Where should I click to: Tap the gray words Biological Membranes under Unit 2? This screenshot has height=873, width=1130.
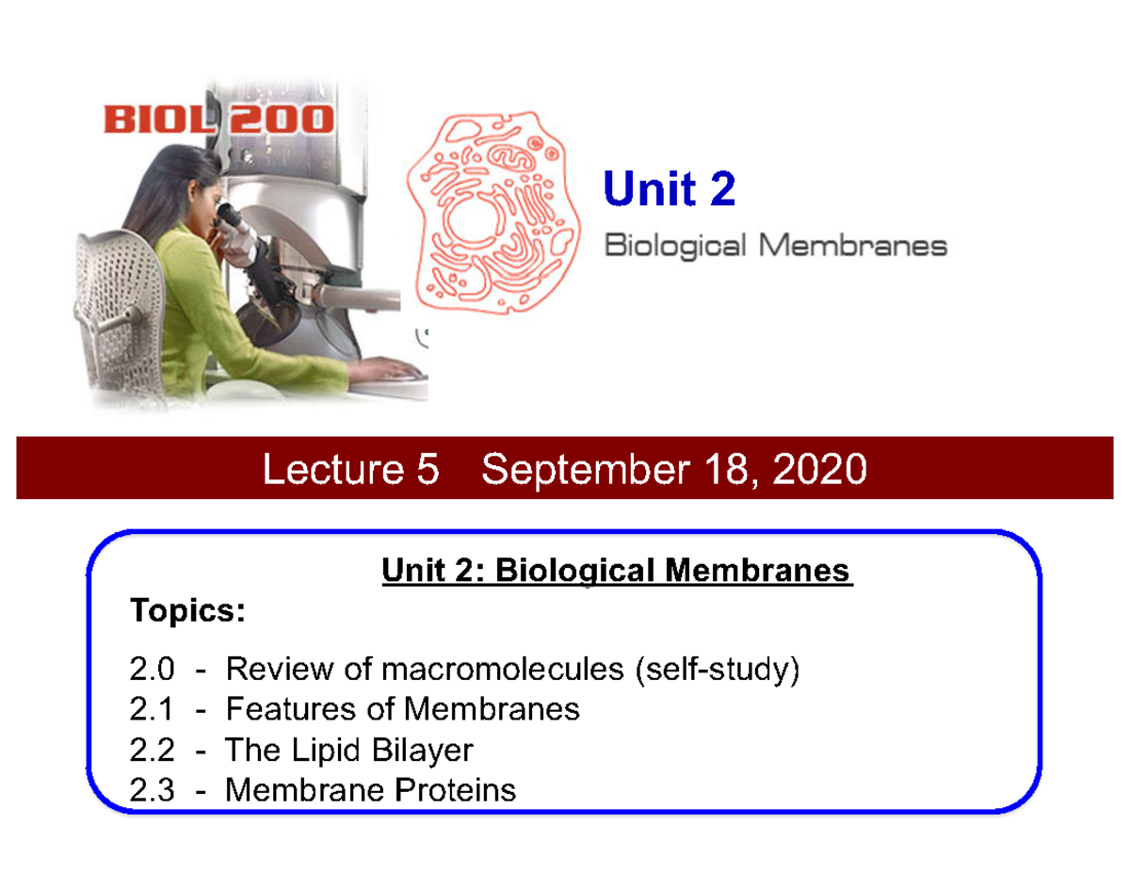point(774,247)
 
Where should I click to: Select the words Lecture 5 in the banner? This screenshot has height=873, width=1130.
point(350,469)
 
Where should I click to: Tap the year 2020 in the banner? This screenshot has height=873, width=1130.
point(820,469)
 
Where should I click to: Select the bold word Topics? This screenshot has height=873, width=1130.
point(187,611)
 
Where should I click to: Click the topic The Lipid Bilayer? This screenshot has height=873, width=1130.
point(348,750)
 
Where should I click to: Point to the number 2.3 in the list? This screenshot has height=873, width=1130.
point(153,789)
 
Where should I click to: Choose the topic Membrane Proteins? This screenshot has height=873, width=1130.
point(371,789)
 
